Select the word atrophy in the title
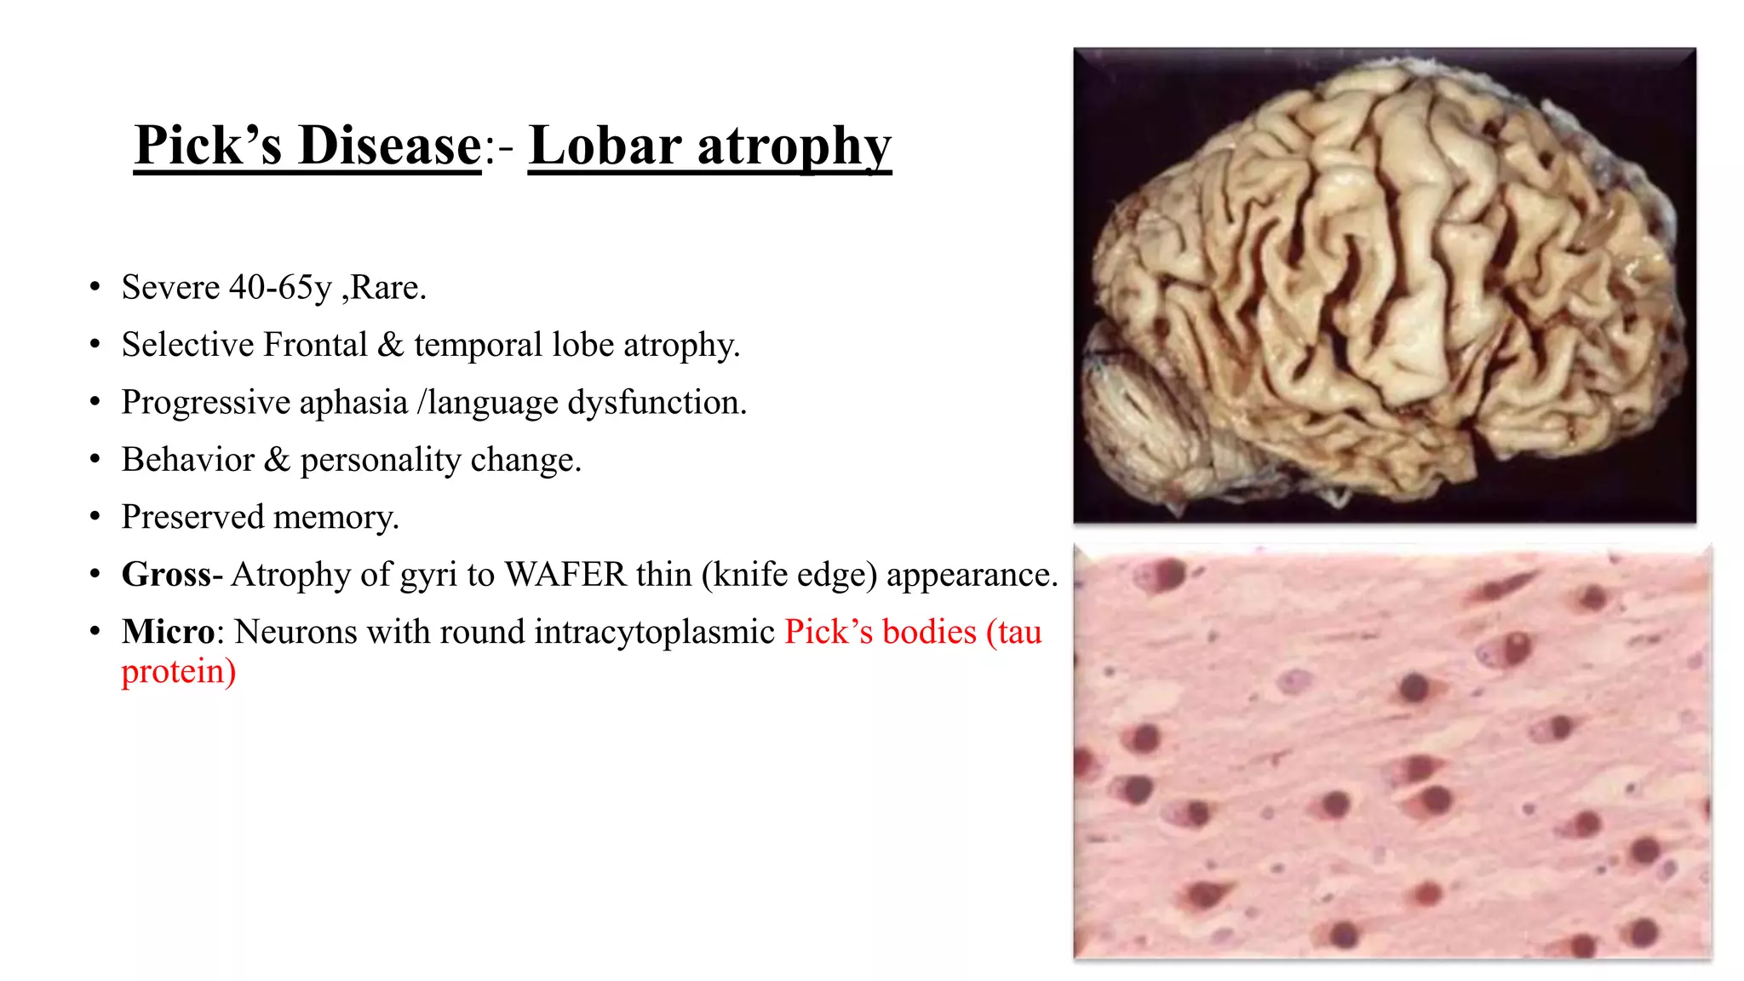pyautogui.click(x=794, y=146)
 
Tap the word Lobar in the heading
pyautogui.click(x=605, y=146)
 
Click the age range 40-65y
pyautogui.click(x=280, y=288)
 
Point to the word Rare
pyautogui.click(x=387, y=288)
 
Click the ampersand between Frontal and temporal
pyautogui.click(x=390, y=345)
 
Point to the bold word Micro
pyautogui.click(x=168, y=632)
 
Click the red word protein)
pyautogui.click(x=178, y=672)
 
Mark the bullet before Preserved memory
pyautogui.click(x=95, y=517)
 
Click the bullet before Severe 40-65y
pyautogui.click(x=95, y=288)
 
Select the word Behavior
pyautogui.click(x=187, y=460)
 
